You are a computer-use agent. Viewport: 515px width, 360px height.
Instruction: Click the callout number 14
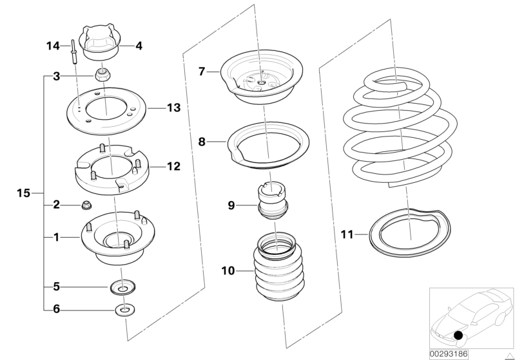point(53,46)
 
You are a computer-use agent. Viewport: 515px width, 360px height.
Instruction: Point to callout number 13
point(173,108)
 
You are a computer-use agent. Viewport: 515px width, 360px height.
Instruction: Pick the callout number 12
point(173,166)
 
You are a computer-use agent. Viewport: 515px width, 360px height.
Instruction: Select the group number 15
point(23,193)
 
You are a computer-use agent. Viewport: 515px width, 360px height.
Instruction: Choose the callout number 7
point(201,71)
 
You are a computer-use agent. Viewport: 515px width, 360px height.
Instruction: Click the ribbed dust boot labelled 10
point(277,270)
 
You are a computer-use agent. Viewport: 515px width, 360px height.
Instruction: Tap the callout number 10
point(227,270)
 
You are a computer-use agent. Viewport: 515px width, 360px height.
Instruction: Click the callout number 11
point(347,235)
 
